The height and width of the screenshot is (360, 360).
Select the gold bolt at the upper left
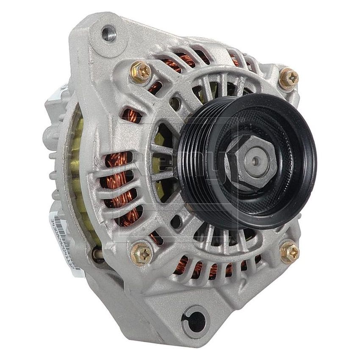(140, 72)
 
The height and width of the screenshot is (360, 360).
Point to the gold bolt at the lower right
(289, 252)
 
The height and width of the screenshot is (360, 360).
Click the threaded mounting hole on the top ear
(109, 33)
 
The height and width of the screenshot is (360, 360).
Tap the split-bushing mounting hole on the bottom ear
(196, 320)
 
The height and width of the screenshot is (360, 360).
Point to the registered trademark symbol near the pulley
(242, 121)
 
